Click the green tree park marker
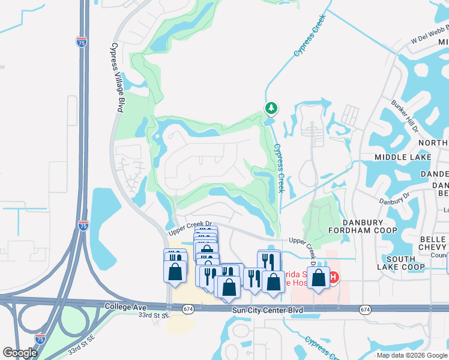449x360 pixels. tap(271, 108)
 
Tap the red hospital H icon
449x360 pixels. tap(333, 277)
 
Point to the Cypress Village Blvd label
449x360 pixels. tap(118, 76)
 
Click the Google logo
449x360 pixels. tap(20, 353)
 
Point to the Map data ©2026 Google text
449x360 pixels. tap(412, 355)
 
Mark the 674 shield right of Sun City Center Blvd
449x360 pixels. tap(365, 309)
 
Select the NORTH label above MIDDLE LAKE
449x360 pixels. tap(433, 142)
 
